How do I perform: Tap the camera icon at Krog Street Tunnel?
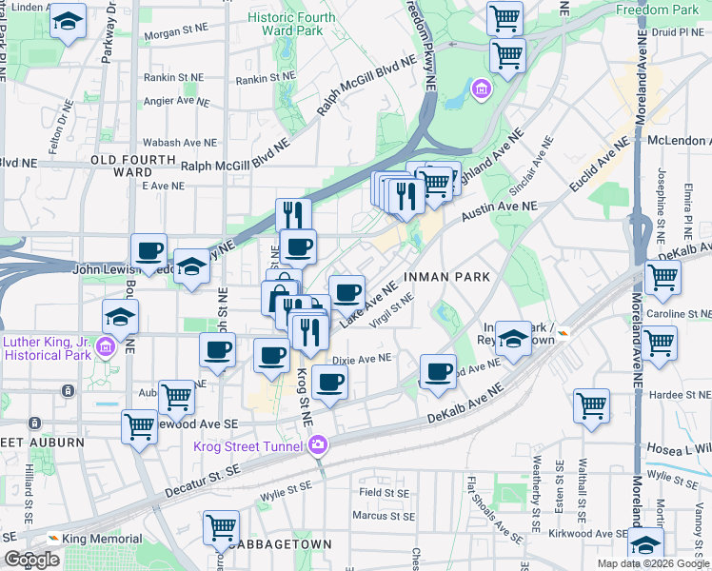pyautogui.click(x=317, y=445)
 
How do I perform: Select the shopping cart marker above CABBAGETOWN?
pyautogui.click(x=222, y=526)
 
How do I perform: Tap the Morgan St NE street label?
pyautogui.click(x=176, y=31)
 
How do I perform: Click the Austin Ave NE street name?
pyautogui.click(x=500, y=206)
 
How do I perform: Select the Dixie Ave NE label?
pyautogui.click(x=363, y=360)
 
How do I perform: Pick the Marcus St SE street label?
pyautogui.click(x=384, y=517)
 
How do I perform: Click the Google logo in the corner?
pyautogui.click(x=31, y=560)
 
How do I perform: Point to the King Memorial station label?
pyautogui.click(x=95, y=539)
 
